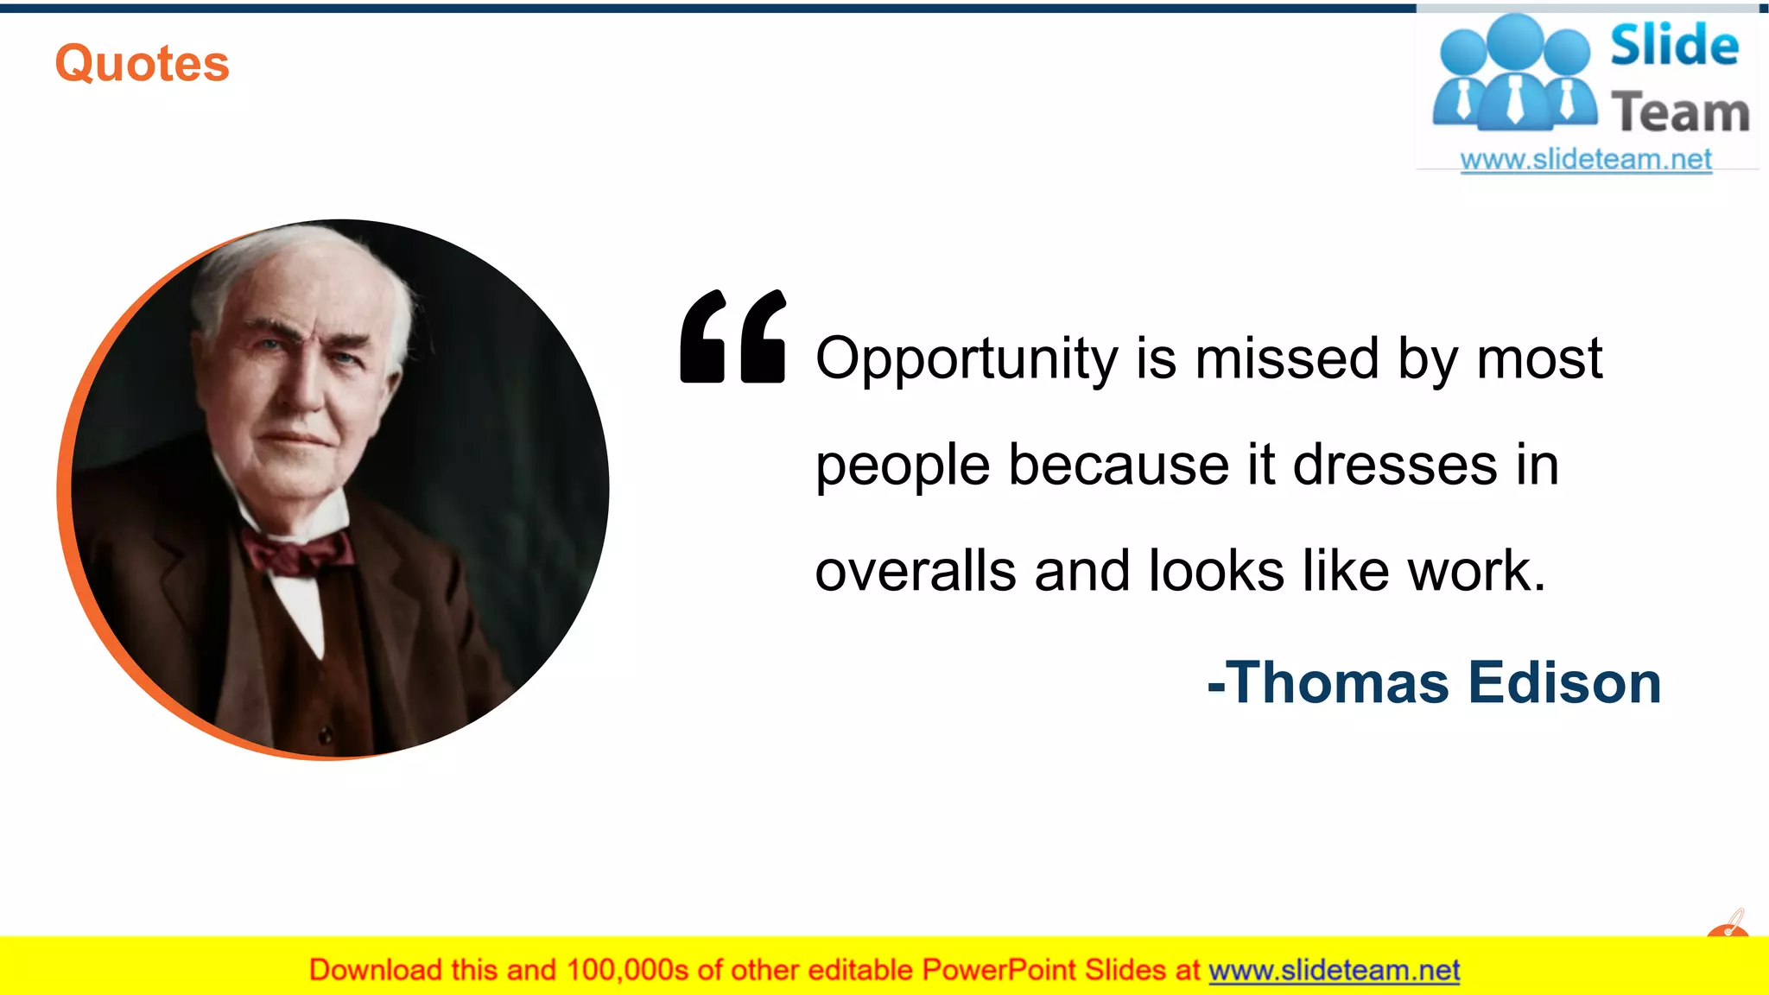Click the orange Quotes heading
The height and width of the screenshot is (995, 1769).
click(x=143, y=64)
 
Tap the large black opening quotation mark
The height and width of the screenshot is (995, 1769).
click(x=732, y=336)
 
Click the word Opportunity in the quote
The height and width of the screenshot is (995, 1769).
click(x=967, y=358)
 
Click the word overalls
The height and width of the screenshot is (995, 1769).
click(x=916, y=571)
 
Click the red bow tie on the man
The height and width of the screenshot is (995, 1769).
click(x=298, y=553)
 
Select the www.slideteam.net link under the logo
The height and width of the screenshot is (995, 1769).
click(x=1586, y=160)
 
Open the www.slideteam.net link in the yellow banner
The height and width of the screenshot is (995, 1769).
click(x=1334, y=970)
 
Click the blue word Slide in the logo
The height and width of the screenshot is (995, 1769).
click(x=1674, y=46)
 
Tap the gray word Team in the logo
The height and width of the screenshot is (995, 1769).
click(x=1680, y=113)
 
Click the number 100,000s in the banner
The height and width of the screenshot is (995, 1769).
click(x=627, y=970)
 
